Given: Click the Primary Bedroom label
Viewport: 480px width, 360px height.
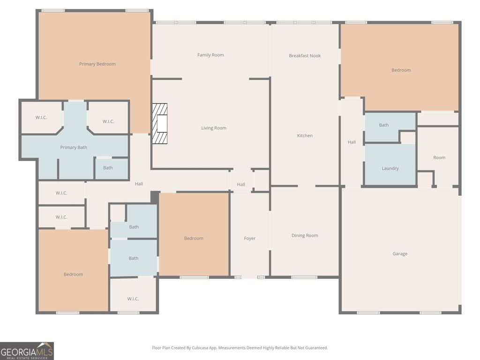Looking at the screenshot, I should (97, 64).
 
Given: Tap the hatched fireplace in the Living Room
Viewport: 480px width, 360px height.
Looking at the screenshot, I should (159, 124).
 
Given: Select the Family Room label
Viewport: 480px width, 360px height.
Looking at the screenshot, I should (210, 55).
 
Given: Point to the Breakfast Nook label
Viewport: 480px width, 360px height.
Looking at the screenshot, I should (305, 55).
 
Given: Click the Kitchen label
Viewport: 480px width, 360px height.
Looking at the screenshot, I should (305, 135).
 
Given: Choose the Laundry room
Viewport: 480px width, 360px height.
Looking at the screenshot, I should (390, 168).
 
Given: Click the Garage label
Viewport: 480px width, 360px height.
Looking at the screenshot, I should (400, 254).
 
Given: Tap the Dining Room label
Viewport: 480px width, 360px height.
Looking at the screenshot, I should (305, 235).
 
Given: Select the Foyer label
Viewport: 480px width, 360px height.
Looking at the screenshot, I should (250, 238).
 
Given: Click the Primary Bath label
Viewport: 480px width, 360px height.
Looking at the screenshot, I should (74, 147).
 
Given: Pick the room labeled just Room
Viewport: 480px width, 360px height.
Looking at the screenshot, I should (439, 157).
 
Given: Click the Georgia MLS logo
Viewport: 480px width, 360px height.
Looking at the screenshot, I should (27, 351).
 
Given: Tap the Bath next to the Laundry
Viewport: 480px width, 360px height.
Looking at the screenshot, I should (384, 125).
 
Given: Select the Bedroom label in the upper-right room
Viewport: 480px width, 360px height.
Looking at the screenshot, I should (401, 70).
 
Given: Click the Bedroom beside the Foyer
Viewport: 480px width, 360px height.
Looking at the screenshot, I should (194, 238).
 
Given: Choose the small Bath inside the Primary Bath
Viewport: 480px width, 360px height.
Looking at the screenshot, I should (108, 168).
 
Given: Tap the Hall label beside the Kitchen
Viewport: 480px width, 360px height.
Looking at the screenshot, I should (352, 142).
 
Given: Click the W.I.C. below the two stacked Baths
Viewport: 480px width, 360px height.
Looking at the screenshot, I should (133, 299).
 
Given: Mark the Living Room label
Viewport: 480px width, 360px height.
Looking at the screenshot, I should (214, 128).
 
